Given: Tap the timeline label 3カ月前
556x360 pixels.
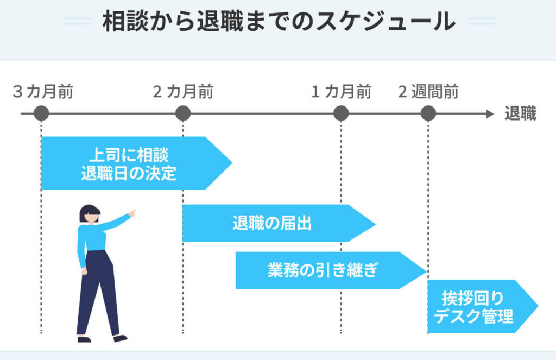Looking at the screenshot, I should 43,92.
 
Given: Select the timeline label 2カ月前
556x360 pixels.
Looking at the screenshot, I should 183,92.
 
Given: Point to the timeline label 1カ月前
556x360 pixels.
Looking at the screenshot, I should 341,92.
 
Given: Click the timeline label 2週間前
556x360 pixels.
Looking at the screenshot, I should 428,92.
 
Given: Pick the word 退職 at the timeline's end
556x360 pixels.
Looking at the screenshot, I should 520,114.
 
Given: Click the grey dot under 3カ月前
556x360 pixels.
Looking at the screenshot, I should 41,113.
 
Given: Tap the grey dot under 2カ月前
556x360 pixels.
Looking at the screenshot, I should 183,113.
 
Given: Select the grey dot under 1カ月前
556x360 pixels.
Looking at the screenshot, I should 341,113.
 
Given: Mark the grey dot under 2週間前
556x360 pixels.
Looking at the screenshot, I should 428,113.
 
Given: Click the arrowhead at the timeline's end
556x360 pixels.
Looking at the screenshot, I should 490,114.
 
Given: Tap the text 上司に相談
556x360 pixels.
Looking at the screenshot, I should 128,155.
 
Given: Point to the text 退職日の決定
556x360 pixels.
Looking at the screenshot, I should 128,174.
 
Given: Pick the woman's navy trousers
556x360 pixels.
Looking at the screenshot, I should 98,293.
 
